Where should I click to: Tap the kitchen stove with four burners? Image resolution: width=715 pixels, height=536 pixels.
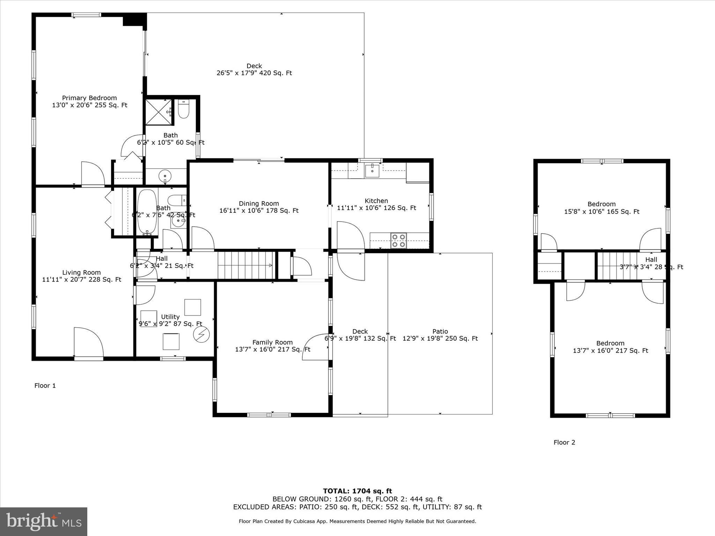399,240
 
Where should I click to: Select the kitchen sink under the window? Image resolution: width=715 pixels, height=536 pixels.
373,171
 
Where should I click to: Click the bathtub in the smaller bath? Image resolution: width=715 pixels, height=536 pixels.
147,211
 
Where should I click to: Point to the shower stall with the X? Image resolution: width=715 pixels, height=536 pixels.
159,112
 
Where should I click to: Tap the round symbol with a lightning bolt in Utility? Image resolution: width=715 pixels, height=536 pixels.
201,335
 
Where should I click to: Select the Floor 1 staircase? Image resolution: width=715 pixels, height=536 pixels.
245,266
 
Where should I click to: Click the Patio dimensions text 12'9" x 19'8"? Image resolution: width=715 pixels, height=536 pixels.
440,338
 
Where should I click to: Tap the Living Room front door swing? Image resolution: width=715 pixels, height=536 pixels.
88,342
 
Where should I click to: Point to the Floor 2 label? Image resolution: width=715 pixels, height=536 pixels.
564,442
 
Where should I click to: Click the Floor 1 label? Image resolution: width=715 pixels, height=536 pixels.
45,386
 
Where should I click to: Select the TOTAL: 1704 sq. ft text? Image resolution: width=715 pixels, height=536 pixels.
357,491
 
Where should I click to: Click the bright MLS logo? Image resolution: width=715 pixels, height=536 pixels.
44,521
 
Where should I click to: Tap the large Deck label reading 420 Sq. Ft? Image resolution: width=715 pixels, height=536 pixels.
254,69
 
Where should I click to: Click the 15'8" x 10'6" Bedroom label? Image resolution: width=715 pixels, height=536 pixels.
602,208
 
